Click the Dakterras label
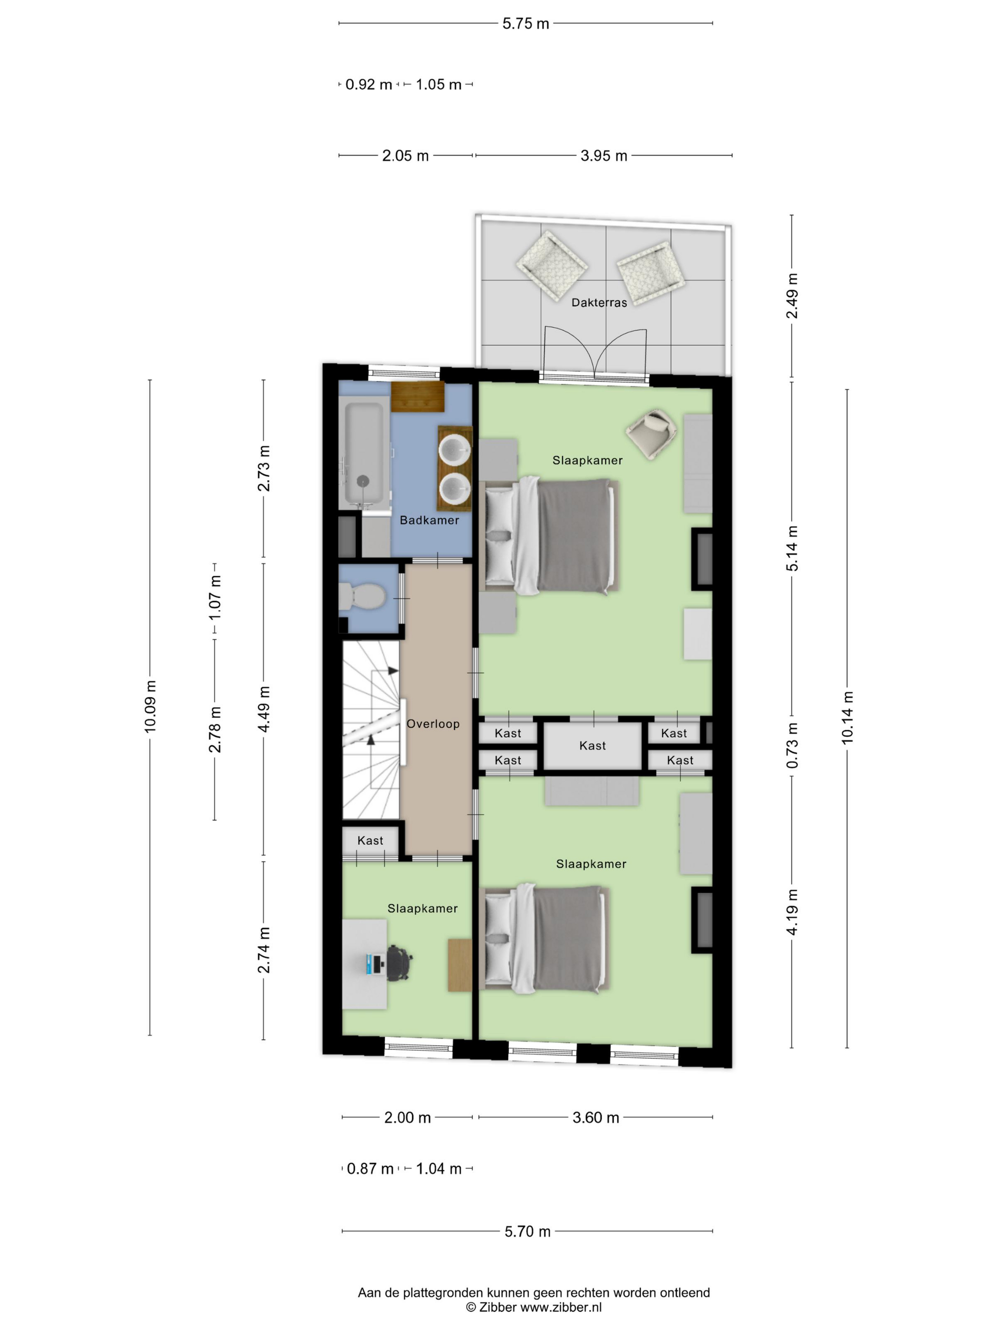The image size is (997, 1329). pyautogui.click(x=599, y=303)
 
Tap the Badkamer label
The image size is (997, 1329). pyautogui.click(x=429, y=520)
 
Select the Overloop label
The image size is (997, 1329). pyautogui.click(x=433, y=724)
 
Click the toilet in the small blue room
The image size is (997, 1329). pyautogui.click(x=362, y=597)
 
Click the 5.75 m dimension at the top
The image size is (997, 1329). pyautogui.click(x=526, y=23)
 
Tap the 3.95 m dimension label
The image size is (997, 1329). pyautogui.click(x=603, y=156)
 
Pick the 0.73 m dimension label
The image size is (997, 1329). pyautogui.click(x=792, y=746)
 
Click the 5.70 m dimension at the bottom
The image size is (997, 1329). pyautogui.click(x=527, y=1231)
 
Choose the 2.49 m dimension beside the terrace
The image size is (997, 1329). pyautogui.click(x=792, y=296)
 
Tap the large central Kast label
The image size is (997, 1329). pyautogui.click(x=593, y=746)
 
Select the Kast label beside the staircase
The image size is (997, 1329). pyautogui.click(x=370, y=841)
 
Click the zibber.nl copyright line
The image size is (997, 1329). pyautogui.click(x=534, y=1307)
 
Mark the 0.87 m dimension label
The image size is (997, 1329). pyautogui.click(x=370, y=1169)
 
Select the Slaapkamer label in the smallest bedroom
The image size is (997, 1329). pyautogui.click(x=423, y=908)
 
